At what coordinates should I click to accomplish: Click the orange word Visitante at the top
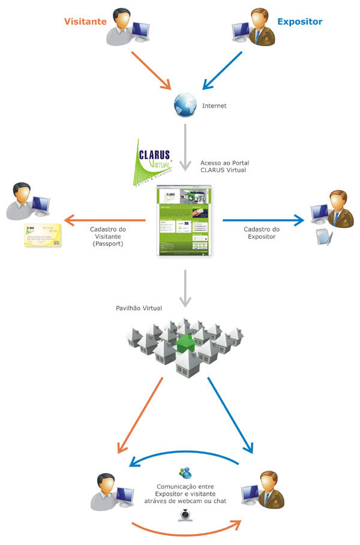tap(85, 22)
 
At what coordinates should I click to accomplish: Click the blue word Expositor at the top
tap(299, 22)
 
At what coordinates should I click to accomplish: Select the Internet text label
tap(215, 106)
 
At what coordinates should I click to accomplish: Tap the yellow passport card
tap(43, 236)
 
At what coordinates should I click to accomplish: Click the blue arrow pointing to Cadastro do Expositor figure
tap(263, 220)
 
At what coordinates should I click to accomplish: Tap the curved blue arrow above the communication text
tap(186, 456)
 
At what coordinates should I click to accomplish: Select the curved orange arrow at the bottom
tap(186, 530)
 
